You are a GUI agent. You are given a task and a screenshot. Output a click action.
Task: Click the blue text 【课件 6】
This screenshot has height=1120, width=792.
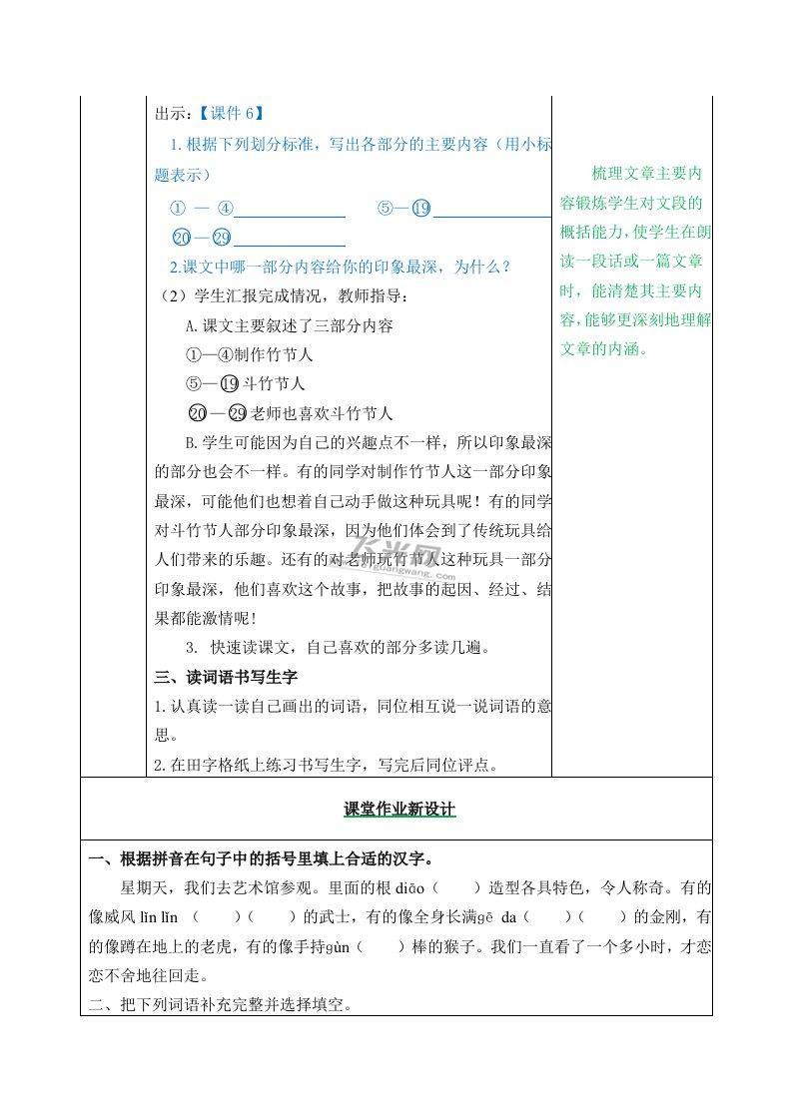coord(231,113)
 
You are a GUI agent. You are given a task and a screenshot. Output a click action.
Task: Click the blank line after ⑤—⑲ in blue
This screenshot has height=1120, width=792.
coord(491,213)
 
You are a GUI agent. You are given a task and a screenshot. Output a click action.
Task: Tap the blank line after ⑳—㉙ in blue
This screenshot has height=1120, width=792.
coord(290,243)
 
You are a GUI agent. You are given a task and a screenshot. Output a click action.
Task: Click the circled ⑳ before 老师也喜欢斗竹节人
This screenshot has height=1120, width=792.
coord(197,413)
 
